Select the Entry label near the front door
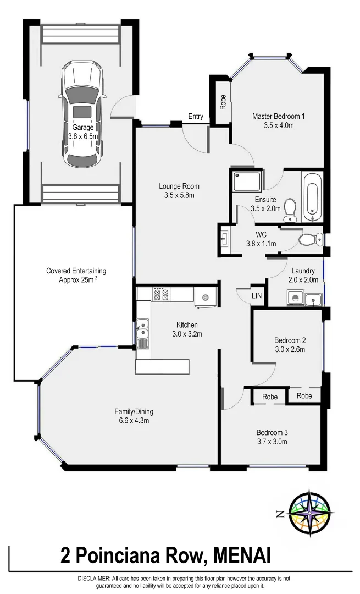[196, 117]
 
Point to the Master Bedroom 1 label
[278, 116]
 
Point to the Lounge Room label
[180, 186]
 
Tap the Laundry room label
[303, 271]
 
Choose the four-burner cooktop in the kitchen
[160, 294]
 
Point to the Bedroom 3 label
[272, 432]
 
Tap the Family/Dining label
[134, 411]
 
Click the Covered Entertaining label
[76, 271]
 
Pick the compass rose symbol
[311, 513]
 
